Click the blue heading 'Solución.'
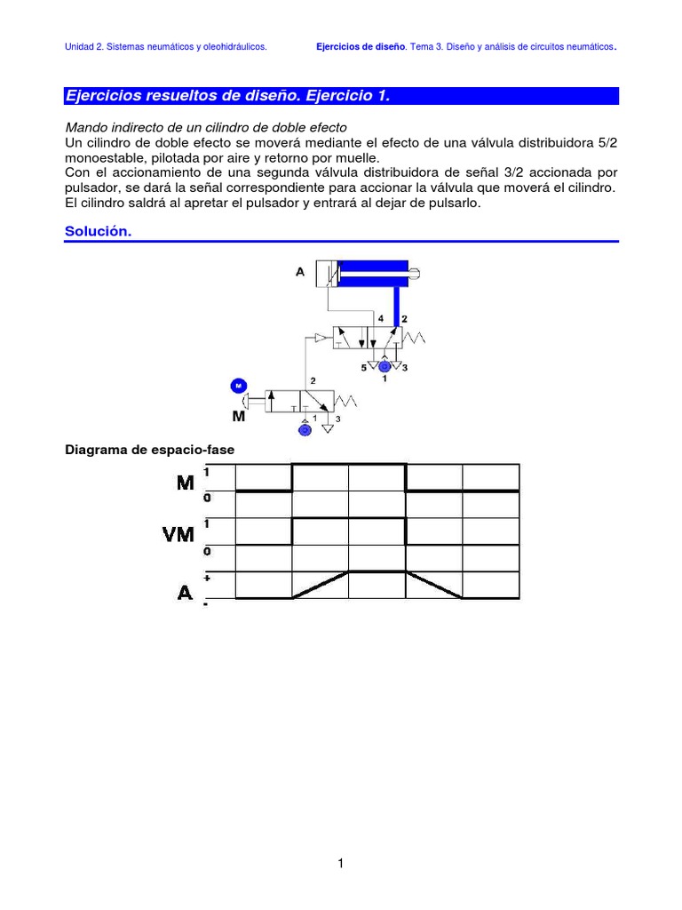pyautogui.click(x=98, y=231)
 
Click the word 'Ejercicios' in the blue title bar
pyautogui.click(x=104, y=96)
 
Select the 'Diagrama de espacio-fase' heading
pyautogui.click(x=149, y=450)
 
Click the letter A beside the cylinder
pyautogui.click(x=300, y=272)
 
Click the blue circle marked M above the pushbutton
pyautogui.click(x=238, y=385)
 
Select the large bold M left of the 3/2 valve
pyautogui.click(x=237, y=415)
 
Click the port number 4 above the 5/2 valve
pyautogui.click(x=380, y=318)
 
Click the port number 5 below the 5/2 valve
pyautogui.click(x=363, y=366)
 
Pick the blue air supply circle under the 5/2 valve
pyautogui.click(x=384, y=365)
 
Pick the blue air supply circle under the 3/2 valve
pyautogui.click(x=305, y=429)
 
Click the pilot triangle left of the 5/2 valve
pyautogui.click(x=321, y=338)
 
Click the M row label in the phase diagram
pyautogui.click(x=185, y=483)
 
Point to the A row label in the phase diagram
pyautogui.click(x=185, y=591)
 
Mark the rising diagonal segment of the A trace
pyautogui.click(x=320, y=585)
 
